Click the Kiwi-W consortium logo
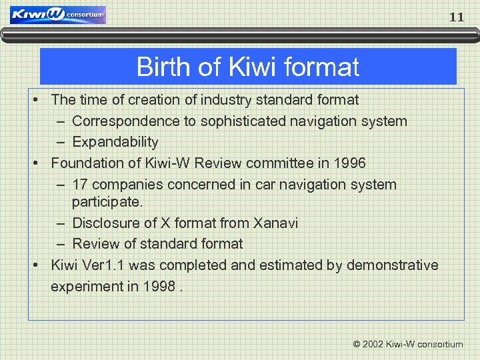[58, 15]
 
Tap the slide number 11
[456, 17]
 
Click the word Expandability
[115, 142]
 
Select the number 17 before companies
[81, 184]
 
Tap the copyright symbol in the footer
[357, 345]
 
